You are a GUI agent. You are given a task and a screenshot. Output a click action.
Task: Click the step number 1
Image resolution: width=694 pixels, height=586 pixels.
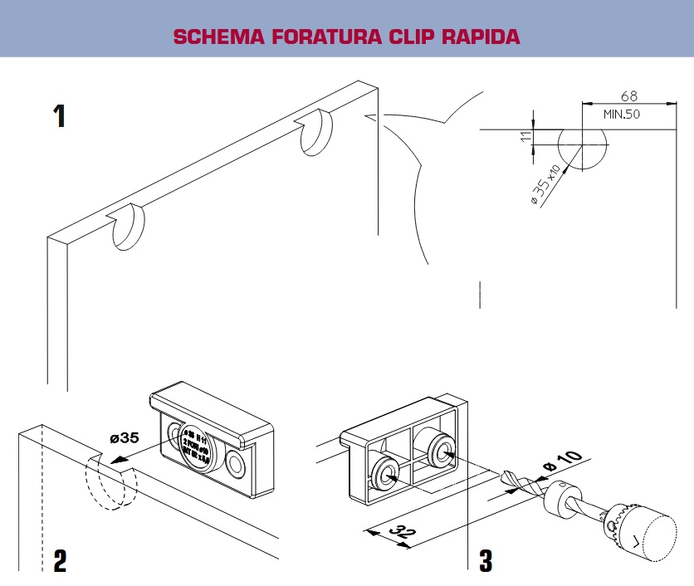click(x=60, y=115)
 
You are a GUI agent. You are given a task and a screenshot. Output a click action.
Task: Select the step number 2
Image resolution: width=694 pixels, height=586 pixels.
click(x=60, y=561)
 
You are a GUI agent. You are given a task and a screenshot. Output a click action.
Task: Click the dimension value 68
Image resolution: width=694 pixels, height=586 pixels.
click(x=628, y=96)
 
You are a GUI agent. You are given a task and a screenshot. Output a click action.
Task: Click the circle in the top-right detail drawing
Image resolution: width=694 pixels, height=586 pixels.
click(x=582, y=149)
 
